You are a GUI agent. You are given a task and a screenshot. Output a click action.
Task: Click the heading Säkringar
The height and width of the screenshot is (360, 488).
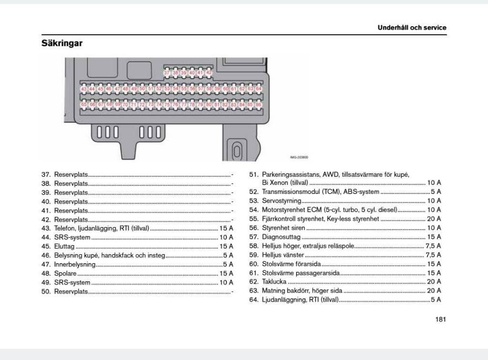click(62, 44)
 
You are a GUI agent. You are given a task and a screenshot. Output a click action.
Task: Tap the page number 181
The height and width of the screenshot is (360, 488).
click(440, 319)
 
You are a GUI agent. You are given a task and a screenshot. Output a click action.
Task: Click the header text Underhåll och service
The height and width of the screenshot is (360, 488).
click(412, 28)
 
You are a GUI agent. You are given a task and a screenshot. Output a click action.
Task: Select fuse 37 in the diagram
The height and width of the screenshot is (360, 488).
click(167, 73)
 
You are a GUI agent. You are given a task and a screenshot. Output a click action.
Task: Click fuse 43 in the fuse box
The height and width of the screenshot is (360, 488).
click(84, 89)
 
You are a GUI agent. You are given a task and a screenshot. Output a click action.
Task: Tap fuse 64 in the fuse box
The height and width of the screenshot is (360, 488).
click(258, 89)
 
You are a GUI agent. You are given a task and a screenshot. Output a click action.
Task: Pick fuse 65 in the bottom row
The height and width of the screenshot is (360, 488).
click(84, 104)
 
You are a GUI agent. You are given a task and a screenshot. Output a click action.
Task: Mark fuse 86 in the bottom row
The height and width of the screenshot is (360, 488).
click(258, 104)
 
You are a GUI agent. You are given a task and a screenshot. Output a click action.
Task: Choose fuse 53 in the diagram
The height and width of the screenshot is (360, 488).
click(167, 89)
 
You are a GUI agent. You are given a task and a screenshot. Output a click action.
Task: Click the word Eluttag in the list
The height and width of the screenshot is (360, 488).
click(64, 246)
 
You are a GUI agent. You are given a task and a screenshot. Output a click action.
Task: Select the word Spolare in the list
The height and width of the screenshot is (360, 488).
click(65, 273)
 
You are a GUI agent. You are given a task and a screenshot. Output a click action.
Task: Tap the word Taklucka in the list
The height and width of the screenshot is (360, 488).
click(274, 282)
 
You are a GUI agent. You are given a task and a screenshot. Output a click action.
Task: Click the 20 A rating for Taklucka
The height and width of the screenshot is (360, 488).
click(434, 282)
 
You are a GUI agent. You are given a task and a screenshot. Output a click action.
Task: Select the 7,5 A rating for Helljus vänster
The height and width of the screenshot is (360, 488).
click(433, 255)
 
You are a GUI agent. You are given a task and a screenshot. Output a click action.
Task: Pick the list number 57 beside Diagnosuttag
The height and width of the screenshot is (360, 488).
click(254, 237)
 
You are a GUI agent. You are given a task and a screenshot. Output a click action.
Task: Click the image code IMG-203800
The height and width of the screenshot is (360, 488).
click(299, 157)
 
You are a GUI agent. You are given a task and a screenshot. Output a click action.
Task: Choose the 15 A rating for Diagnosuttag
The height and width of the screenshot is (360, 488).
click(434, 237)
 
